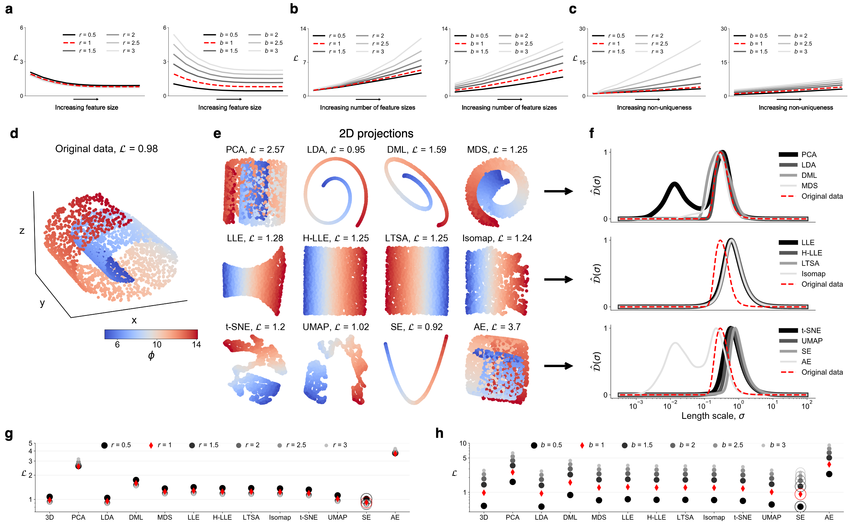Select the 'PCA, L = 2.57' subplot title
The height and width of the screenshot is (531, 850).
point(255,150)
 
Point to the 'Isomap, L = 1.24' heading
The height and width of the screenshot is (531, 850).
point(497,238)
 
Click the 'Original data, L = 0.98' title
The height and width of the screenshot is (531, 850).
point(106,149)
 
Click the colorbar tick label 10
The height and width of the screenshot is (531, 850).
point(157,344)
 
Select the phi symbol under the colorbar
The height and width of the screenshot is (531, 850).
point(151,355)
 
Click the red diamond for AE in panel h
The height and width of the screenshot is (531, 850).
point(829,464)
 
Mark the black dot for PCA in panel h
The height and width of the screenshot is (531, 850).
point(513,482)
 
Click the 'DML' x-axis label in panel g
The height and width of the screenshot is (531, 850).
point(136,517)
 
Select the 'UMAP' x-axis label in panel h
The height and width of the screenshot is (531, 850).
point(771,517)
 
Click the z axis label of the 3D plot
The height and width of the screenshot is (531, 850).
point(22,231)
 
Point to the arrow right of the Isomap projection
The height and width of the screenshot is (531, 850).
point(558,279)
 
